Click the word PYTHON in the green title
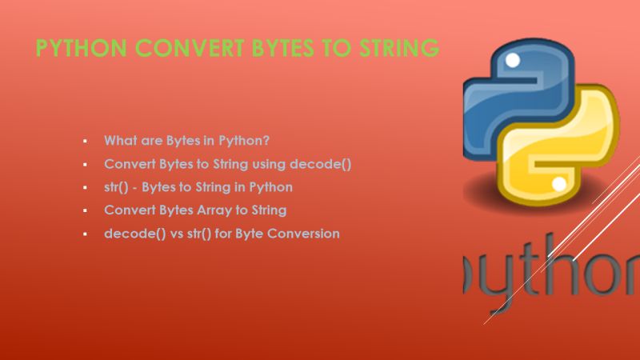81,49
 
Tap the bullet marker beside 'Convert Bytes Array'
85,211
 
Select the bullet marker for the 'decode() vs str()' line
85,234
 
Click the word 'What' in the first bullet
118,140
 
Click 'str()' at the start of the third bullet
117,187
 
